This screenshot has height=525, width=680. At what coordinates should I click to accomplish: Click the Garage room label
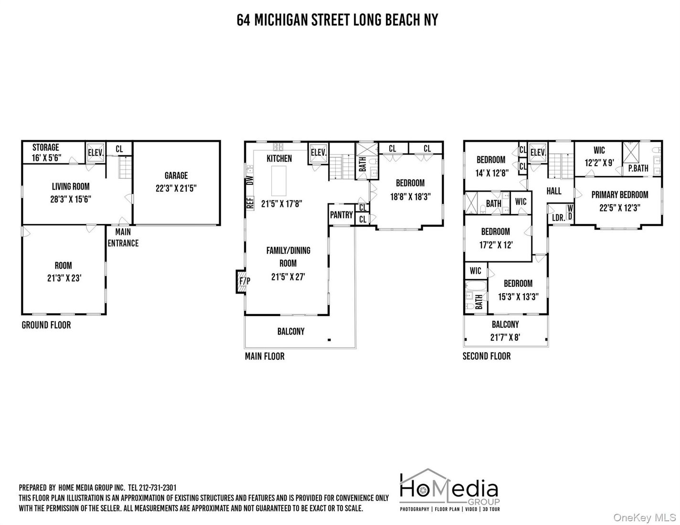coord(176,182)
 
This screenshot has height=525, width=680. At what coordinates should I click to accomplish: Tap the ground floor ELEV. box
coord(96,152)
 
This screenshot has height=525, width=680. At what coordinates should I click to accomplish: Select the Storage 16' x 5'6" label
coord(47,152)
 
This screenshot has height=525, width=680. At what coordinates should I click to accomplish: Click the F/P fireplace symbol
coord(243,282)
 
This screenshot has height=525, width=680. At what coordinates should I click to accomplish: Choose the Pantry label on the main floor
coord(341,215)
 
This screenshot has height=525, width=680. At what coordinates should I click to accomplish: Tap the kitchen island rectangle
coord(280,181)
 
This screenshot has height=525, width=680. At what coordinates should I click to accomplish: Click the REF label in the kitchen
coord(250,203)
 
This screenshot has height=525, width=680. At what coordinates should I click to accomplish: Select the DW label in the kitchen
coord(249,181)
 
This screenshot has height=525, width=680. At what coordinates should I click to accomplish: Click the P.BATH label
coord(638,168)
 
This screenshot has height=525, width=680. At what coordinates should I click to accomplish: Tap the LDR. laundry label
coord(558,218)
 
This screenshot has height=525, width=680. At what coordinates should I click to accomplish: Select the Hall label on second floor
coord(554,191)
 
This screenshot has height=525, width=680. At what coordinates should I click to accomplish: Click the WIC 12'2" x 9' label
coord(599,157)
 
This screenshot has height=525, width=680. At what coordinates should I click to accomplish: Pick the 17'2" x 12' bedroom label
coord(496,238)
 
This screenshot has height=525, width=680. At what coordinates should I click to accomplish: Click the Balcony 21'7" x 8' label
coord(505,331)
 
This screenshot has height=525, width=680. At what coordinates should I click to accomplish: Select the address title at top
coord(337,20)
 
